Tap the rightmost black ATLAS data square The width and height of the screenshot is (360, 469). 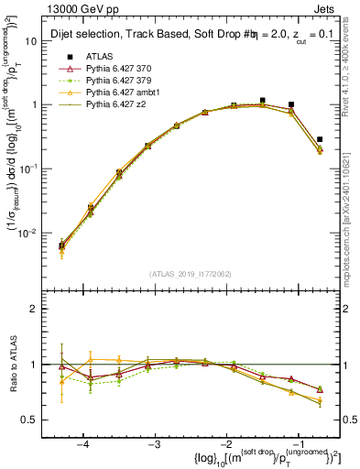(x=319, y=140)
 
